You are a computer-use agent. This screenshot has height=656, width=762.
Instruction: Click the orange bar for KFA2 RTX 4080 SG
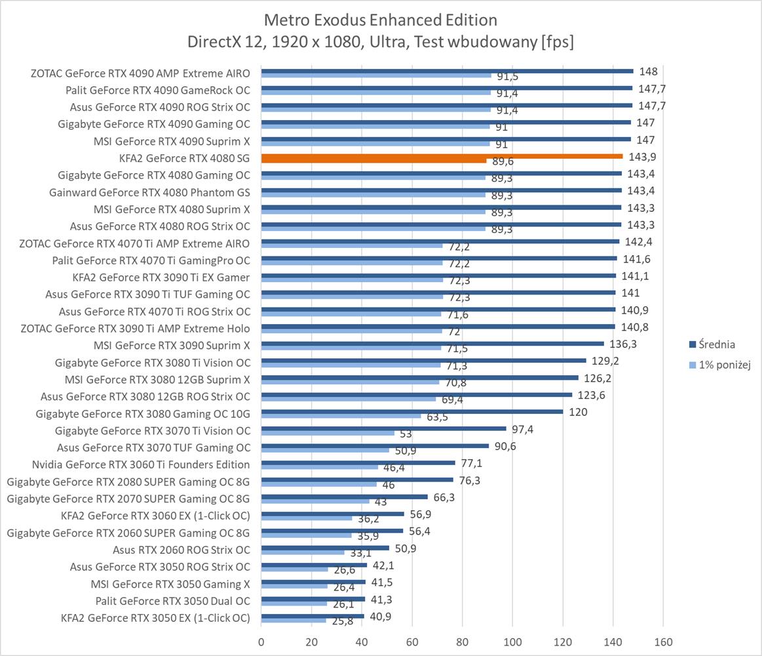[442, 156]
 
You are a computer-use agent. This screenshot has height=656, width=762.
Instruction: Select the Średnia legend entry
[716, 344]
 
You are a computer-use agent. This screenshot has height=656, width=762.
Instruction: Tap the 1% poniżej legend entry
[720, 365]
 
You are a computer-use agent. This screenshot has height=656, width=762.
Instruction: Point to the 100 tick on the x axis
[512, 641]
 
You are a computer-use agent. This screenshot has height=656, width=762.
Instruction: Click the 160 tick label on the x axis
[663, 641]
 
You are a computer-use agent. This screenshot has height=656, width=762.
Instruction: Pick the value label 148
[648, 72]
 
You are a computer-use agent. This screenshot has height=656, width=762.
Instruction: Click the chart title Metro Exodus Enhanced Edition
[380, 19]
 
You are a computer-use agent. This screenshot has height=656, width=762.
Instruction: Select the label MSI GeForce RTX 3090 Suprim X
[172, 345]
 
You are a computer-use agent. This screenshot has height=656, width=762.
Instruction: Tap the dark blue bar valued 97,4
[383, 428]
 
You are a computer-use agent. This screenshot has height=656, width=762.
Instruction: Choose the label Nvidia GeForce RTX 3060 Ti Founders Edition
[141, 464]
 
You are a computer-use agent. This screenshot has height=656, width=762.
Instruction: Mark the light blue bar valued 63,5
[341, 416]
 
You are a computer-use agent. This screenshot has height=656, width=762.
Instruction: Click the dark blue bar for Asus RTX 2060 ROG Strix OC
[325, 548]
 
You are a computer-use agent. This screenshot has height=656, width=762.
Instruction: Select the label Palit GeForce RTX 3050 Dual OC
[172, 601]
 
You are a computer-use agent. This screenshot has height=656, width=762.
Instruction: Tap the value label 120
[578, 413]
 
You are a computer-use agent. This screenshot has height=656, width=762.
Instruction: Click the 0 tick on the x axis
[261, 641]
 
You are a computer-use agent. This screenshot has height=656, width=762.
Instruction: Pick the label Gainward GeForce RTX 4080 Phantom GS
[149, 192]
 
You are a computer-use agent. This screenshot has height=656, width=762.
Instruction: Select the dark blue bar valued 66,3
[344, 497]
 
